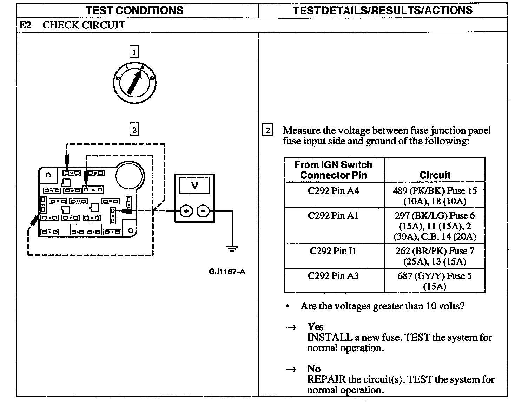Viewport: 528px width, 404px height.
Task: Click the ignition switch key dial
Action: click(134, 83)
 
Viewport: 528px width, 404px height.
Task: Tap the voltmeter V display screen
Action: click(194, 185)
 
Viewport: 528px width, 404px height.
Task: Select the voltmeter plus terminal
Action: click(186, 211)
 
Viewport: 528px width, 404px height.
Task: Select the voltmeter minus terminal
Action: click(203, 211)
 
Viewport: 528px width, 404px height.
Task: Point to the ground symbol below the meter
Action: click(232, 249)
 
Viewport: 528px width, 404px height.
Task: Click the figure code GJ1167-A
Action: click(227, 272)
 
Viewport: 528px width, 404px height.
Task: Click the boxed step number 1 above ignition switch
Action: click(134, 52)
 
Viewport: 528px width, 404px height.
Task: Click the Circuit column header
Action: click(435, 175)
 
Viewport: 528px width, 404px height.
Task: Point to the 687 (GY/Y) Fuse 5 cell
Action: click(435, 281)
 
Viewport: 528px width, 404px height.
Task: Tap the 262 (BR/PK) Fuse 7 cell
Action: click(435, 256)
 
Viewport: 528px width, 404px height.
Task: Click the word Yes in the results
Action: click(315, 327)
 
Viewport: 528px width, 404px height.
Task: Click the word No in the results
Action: click(314, 369)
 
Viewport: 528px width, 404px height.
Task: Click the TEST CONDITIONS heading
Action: click(134, 11)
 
